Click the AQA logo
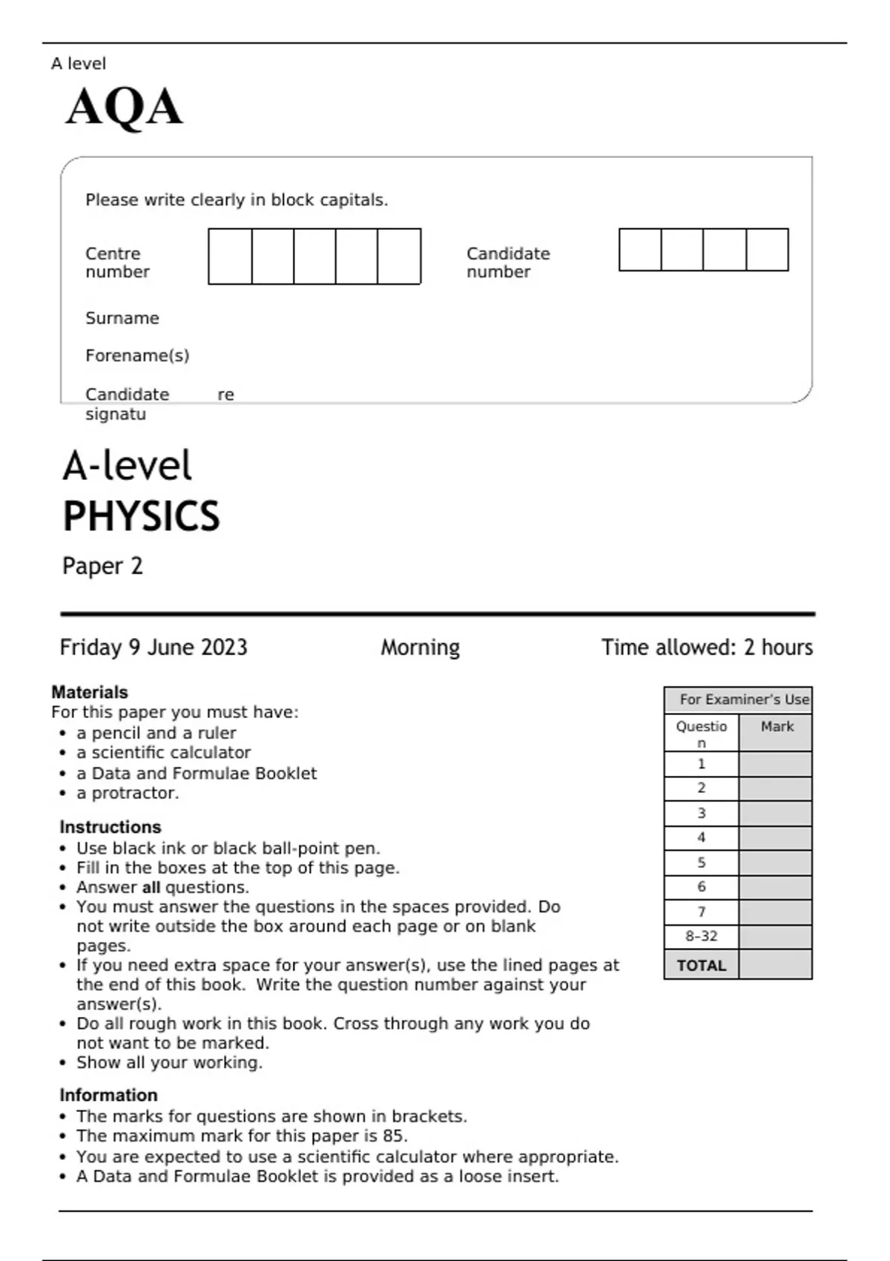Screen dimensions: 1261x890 (124, 107)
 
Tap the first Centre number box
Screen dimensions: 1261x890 (230, 257)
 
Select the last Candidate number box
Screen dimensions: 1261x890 (767, 250)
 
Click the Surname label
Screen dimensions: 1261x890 (122, 318)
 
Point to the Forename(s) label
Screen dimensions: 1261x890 (137, 356)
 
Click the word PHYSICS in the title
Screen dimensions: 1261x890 (141, 516)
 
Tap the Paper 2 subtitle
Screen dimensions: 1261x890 (102, 566)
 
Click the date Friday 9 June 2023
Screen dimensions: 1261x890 (154, 648)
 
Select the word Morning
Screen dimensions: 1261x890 (420, 648)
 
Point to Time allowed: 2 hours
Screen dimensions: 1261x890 (707, 648)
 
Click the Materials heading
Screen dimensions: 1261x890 (90, 692)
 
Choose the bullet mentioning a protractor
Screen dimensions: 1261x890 (128, 793)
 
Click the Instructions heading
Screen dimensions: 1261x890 (111, 827)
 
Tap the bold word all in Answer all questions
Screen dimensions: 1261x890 (151, 888)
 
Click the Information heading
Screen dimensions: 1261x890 (108, 1096)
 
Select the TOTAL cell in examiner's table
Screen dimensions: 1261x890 (701, 966)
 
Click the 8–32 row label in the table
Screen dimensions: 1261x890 (701, 937)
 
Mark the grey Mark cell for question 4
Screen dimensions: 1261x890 (775, 838)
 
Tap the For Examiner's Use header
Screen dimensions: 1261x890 (744, 699)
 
